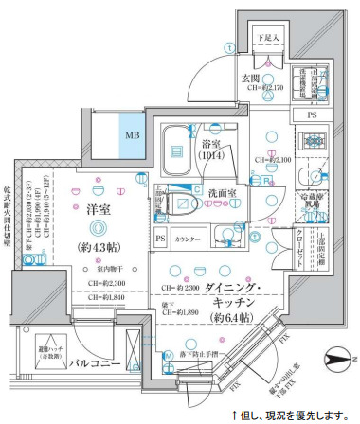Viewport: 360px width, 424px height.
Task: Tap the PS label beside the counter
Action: (x=160, y=239)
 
